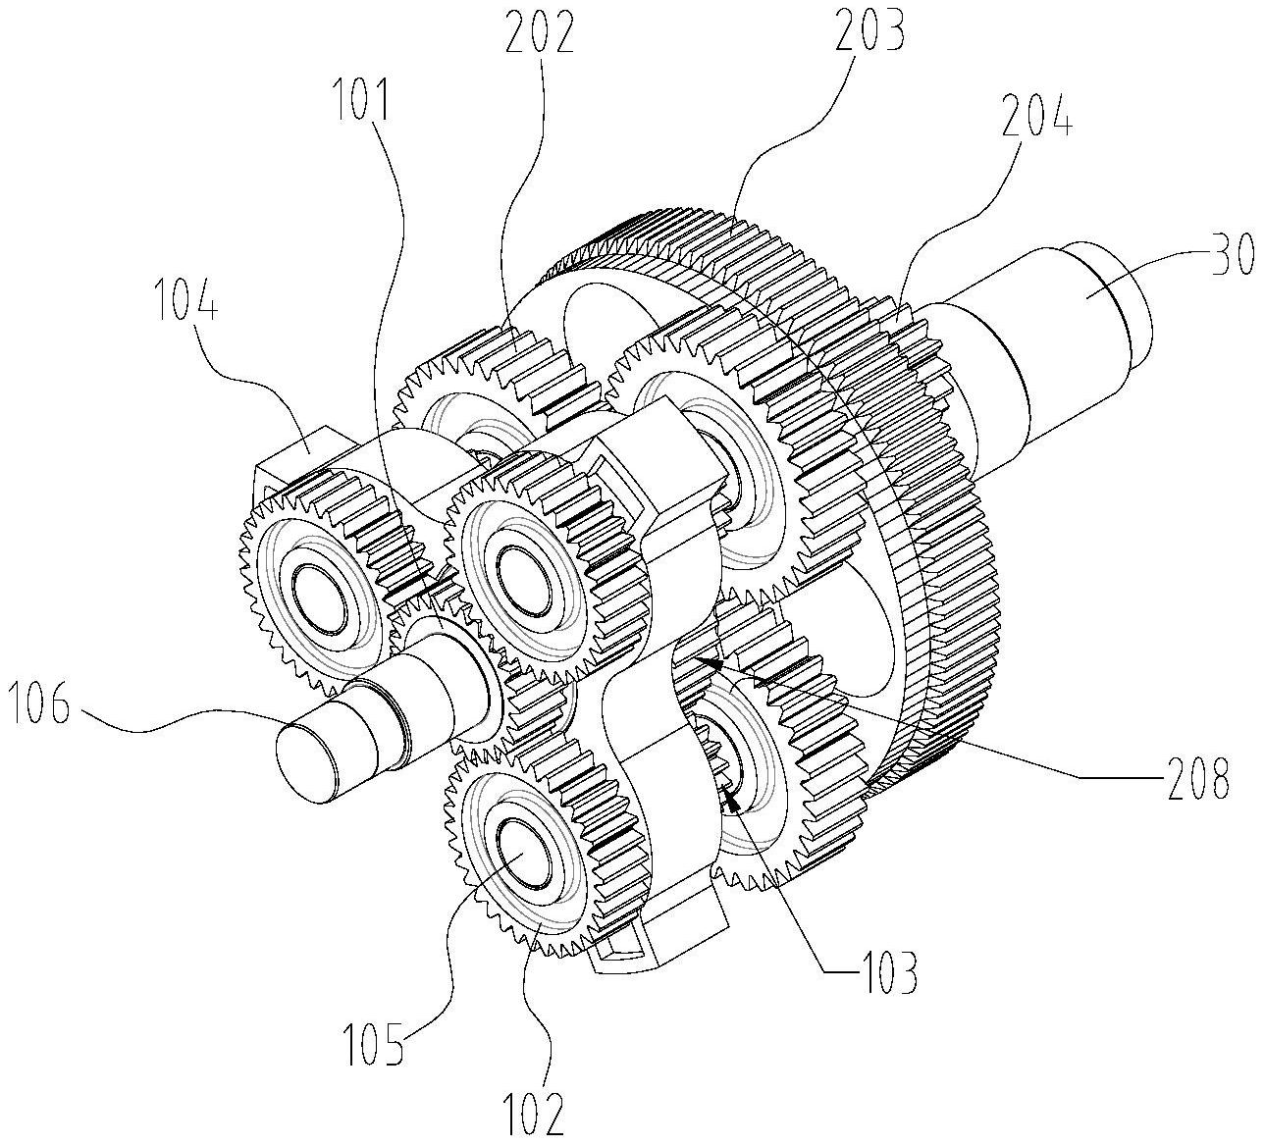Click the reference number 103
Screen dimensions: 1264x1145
pyautogui.click(x=886, y=971)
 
